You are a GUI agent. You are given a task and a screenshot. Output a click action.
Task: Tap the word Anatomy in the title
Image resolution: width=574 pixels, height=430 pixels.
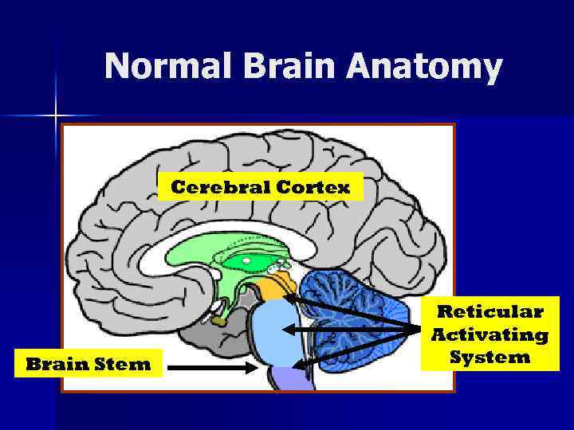click(x=425, y=67)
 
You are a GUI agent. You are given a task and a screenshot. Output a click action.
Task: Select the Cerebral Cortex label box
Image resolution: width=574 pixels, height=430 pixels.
click(x=261, y=188)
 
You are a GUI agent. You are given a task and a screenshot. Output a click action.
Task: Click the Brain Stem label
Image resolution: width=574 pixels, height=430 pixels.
click(x=88, y=365)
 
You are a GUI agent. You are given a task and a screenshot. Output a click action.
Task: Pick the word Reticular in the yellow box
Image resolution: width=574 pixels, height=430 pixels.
click(x=489, y=311)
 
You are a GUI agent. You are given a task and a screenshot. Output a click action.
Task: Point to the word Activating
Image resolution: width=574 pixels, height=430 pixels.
click(x=489, y=334)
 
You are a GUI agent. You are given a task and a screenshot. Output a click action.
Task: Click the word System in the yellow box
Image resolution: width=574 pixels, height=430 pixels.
click(x=489, y=358)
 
